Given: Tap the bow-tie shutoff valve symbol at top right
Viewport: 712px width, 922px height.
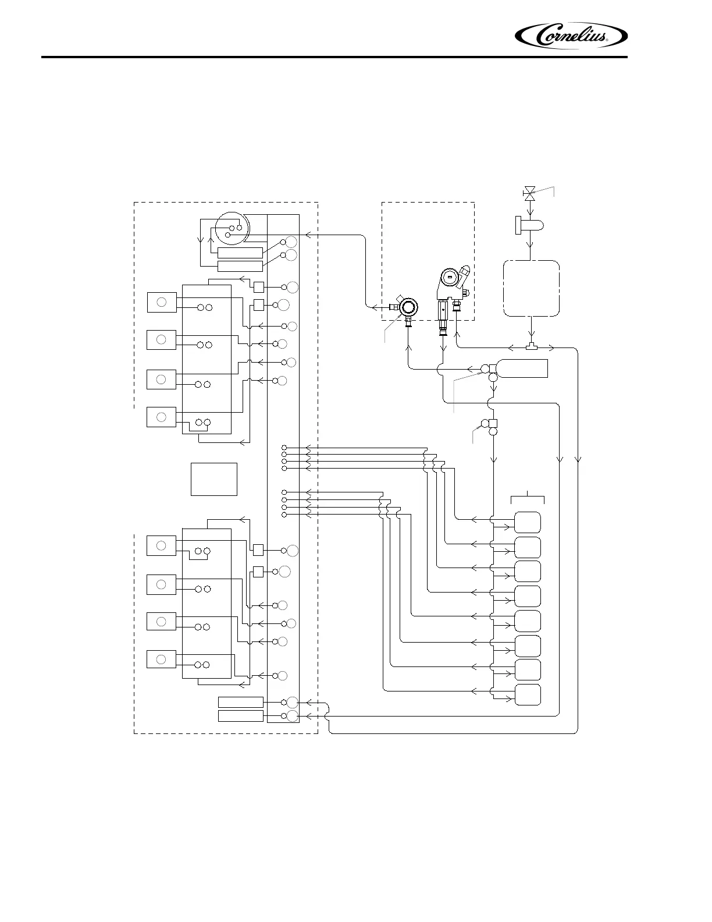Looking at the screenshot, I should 529,193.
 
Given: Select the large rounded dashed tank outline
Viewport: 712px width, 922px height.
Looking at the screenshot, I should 531,288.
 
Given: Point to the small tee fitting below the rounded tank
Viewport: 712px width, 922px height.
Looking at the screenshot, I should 531,347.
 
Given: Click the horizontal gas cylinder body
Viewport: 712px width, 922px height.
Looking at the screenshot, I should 521,368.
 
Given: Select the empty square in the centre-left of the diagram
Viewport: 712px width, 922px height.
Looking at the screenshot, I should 214,479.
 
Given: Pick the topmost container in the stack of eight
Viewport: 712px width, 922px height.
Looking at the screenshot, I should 528,522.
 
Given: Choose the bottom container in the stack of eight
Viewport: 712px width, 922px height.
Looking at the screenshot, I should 528,694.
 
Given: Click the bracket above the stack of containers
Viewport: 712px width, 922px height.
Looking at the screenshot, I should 528,497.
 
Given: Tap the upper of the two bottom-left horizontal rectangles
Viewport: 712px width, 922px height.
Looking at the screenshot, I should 240,702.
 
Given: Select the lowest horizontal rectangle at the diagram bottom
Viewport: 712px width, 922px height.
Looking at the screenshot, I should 240,715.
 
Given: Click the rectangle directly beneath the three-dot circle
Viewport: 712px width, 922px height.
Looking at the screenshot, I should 240,253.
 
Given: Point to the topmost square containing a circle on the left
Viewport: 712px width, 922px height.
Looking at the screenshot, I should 162,302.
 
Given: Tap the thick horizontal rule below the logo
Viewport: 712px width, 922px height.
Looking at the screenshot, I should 334,57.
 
